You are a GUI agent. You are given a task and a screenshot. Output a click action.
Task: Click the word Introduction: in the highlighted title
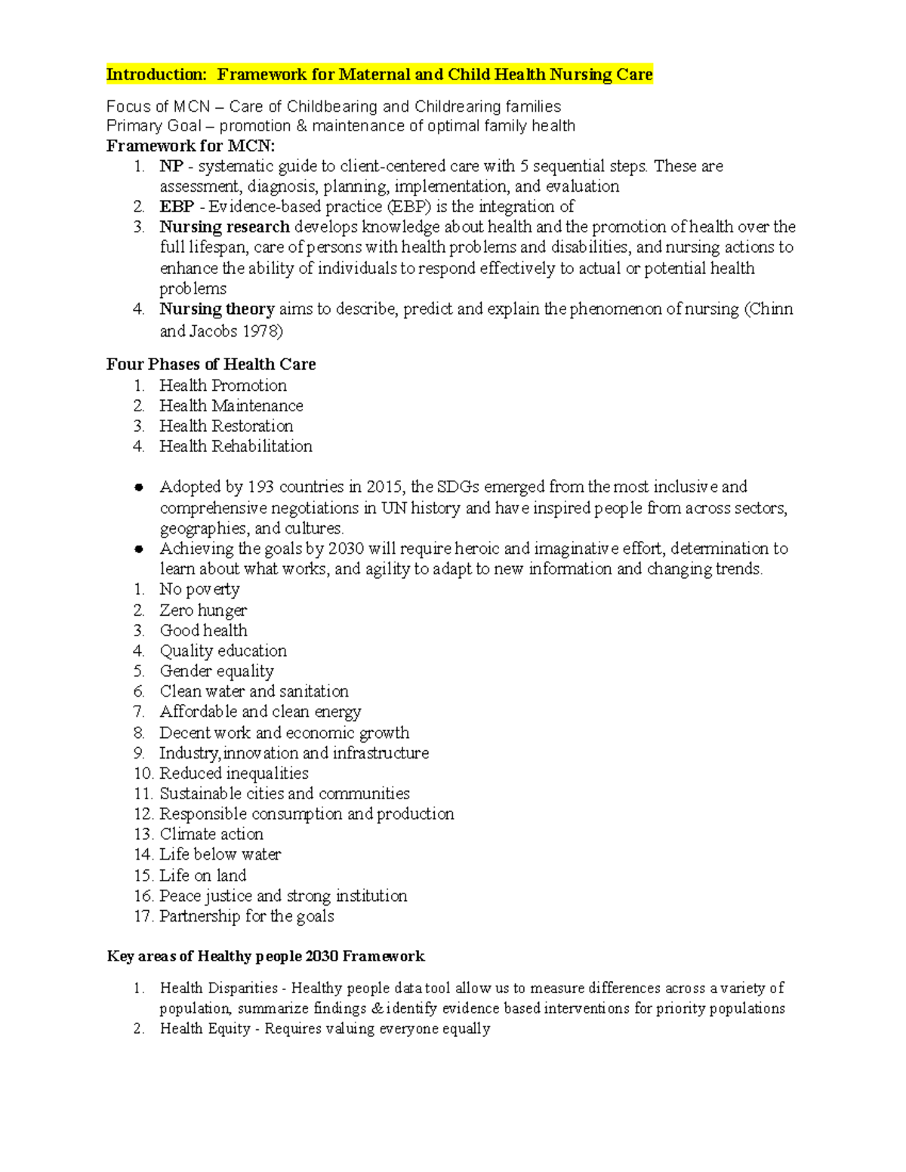(x=156, y=74)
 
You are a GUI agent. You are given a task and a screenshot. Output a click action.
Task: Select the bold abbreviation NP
(x=171, y=166)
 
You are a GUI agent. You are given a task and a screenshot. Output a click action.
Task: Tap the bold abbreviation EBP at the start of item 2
(x=177, y=207)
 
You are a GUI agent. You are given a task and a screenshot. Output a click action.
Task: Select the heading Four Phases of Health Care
(x=211, y=365)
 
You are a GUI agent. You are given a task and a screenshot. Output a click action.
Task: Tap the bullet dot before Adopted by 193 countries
(x=139, y=488)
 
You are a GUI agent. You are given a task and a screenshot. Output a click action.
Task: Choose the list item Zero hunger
(x=203, y=610)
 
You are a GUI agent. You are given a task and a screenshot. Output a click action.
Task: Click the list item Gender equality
(x=217, y=671)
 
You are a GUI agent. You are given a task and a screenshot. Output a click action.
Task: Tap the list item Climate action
(x=211, y=834)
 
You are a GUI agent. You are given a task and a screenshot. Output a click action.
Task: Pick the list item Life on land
(x=202, y=875)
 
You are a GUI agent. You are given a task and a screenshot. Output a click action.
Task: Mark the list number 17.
(x=143, y=916)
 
